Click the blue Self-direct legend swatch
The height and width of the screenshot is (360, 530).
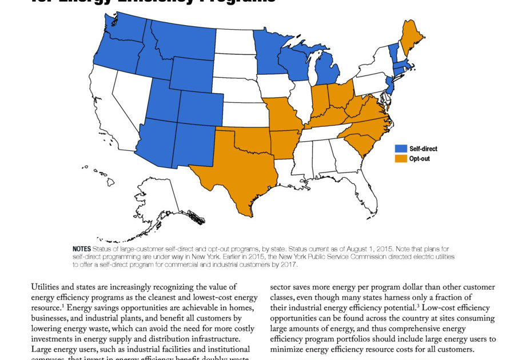pyautogui.click(x=401, y=149)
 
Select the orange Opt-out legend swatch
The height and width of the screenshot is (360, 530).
pyautogui.click(x=401, y=158)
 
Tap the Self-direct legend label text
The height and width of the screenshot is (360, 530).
pyautogui.click(x=423, y=149)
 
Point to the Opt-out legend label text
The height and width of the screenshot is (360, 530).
pyautogui.click(x=419, y=158)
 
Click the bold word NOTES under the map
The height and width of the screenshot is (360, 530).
pyautogui.click(x=82, y=250)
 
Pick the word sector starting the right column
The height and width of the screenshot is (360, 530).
pyautogui.click(x=281, y=287)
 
